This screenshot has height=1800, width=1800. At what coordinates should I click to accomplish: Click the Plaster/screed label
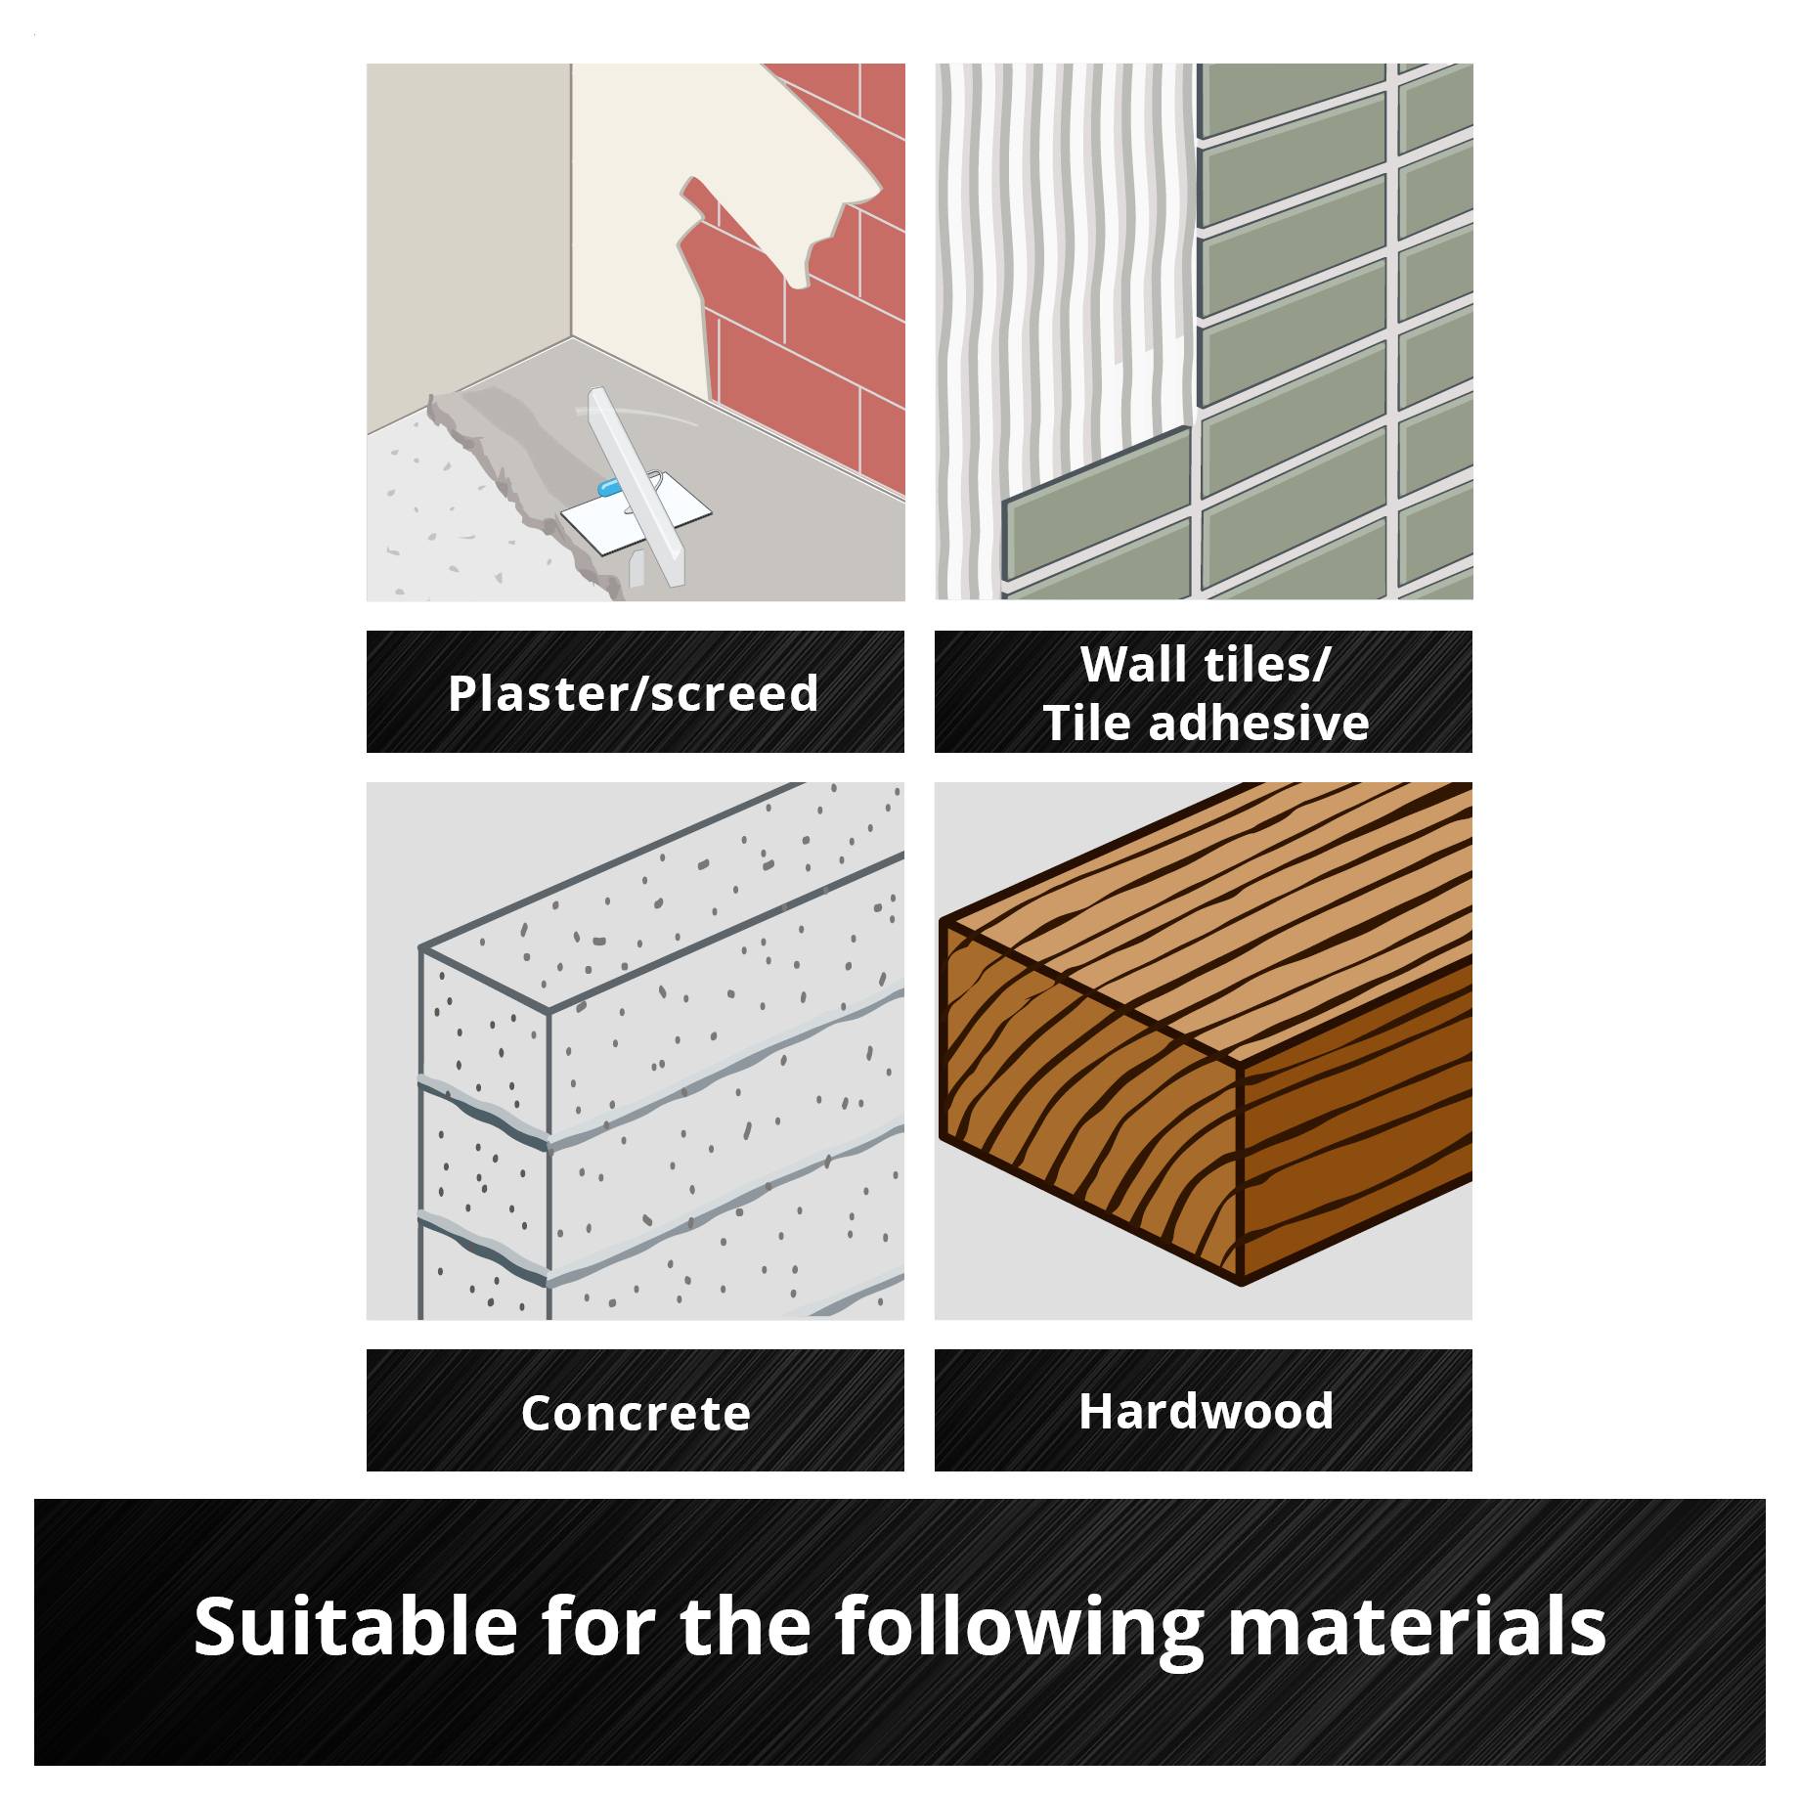pos(633,693)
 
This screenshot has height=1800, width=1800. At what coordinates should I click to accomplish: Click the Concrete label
pos(636,1413)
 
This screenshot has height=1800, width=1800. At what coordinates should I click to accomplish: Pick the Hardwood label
pos(1206,1411)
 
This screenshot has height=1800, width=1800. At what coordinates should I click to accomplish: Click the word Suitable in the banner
pos(355,1627)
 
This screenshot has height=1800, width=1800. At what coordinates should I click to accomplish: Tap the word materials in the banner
pos(1417,1628)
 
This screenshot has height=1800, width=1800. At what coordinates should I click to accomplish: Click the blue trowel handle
pos(609,485)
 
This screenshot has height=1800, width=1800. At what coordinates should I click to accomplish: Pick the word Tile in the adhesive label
pos(1090,724)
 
